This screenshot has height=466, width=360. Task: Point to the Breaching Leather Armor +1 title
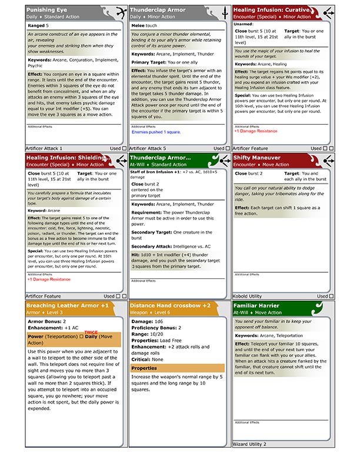pos(68,305)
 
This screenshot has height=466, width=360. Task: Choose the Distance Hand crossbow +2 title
pos(170,305)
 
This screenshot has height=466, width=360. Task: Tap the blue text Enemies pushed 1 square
pos(156,132)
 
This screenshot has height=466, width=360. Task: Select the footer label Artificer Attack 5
pos(148,148)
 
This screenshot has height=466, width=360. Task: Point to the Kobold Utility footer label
pos(248,296)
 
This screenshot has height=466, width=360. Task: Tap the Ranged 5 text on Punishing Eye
pos(39,25)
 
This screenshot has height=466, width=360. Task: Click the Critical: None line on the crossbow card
pos(148,358)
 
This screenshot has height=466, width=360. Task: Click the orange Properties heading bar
pos(177,368)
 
